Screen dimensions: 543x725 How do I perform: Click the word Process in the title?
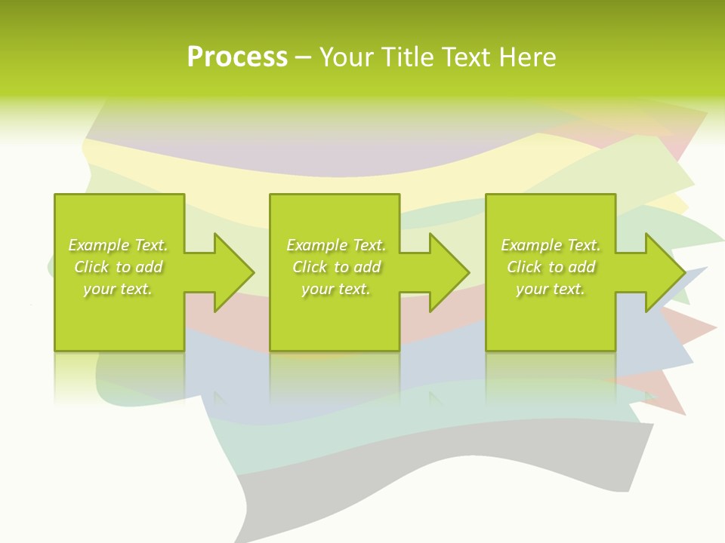(x=237, y=57)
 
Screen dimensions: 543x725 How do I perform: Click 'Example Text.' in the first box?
(x=118, y=245)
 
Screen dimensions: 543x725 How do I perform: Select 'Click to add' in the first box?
(x=118, y=267)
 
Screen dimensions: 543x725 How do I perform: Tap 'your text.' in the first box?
(x=118, y=289)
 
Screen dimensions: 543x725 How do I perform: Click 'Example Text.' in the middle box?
(x=336, y=245)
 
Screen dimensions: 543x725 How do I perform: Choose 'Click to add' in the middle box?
(x=336, y=267)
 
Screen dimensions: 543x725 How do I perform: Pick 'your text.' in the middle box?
(x=336, y=289)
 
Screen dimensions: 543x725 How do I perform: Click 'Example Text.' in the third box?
(x=551, y=245)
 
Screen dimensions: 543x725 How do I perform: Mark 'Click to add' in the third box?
(x=551, y=267)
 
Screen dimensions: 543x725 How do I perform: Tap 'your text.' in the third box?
(x=551, y=289)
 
